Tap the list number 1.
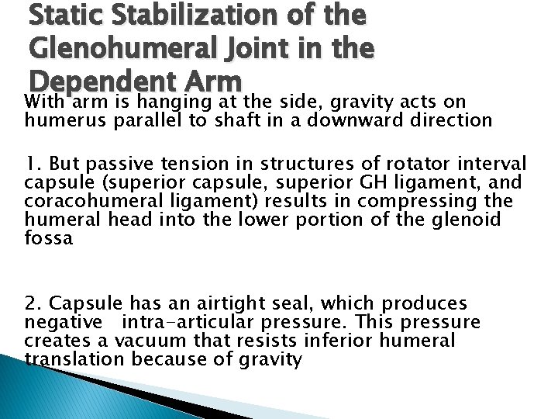(33, 164)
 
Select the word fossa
(48, 237)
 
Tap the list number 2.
(33, 303)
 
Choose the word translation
(74, 359)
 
